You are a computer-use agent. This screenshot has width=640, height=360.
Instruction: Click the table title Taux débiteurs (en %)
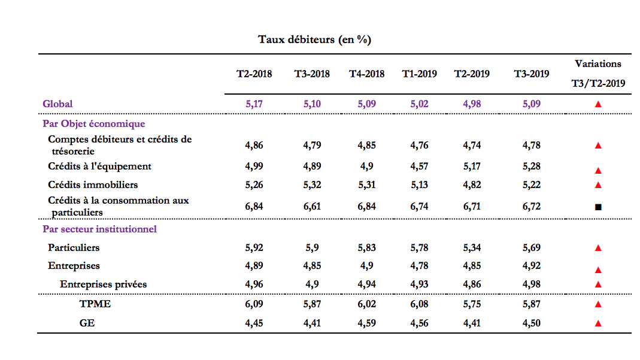(315, 40)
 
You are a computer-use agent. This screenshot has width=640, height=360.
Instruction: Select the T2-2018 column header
(254, 74)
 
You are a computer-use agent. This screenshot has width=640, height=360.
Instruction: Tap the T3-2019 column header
(532, 74)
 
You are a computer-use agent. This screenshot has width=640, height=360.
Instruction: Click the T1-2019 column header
(419, 74)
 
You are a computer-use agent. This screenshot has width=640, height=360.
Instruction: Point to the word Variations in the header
(598, 63)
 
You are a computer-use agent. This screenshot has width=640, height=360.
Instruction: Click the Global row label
(57, 104)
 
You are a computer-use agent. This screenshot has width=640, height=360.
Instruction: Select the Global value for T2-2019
(472, 104)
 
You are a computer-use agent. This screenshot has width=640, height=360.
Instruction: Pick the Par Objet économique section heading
(94, 123)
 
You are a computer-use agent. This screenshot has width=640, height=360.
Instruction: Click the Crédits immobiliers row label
(93, 184)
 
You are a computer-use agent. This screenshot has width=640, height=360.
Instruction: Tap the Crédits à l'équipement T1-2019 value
(419, 167)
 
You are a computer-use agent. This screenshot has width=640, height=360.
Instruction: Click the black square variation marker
(598, 207)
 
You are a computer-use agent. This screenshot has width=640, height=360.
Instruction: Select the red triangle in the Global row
(598, 104)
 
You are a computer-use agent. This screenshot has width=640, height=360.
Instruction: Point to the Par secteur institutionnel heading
(99, 229)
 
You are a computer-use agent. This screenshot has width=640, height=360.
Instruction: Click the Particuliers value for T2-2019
(472, 248)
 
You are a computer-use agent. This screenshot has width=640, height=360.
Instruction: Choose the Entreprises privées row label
(103, 284)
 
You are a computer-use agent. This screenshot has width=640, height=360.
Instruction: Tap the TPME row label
(95, 304)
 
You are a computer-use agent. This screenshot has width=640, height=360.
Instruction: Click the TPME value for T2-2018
(254, 304)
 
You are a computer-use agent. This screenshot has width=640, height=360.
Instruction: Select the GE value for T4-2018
(366, 323)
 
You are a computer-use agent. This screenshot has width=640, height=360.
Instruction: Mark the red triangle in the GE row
(598, 323)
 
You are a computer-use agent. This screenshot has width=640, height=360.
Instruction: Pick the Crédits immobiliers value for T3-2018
(312, 185)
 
